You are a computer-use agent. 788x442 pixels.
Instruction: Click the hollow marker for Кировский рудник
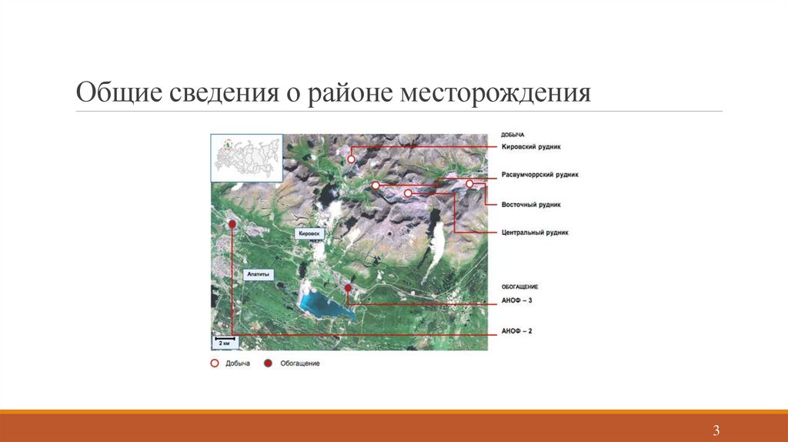(351, 159)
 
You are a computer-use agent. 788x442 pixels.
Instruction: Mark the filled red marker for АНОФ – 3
(348, 288)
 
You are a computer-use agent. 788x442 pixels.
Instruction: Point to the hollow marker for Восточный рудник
(469, 184)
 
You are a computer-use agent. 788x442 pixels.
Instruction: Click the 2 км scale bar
(225, 340)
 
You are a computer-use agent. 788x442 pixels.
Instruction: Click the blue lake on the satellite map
(322, 303)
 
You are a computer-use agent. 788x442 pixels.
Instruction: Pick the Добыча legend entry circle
(215, 363)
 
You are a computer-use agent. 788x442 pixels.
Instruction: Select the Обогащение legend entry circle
(269, 363)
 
